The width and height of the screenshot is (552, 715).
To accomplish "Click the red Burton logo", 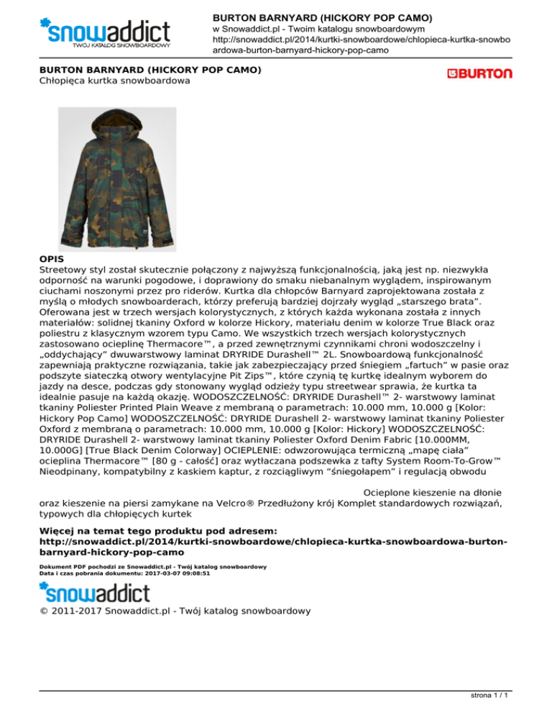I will (479, 73).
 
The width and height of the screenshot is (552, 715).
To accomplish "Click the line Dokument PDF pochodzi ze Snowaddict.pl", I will (153, 567).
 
